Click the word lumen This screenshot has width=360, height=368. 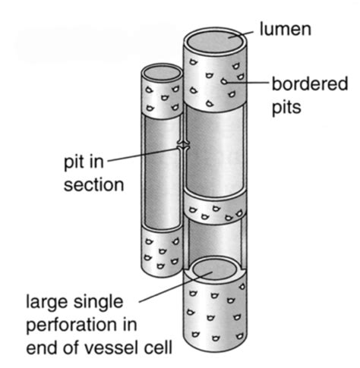click(x=286, y=29)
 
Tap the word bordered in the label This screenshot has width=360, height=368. click(x=310, y=83)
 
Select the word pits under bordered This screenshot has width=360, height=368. click(x=286, y=108)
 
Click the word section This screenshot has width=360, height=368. click(x=93, y=184)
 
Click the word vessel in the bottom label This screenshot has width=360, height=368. click(x=112, y=348)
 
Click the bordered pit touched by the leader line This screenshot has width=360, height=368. click(x=224, y=81)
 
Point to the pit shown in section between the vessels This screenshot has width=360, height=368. click(x=183, y=146)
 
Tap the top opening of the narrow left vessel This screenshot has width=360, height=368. click(x=162, y=74)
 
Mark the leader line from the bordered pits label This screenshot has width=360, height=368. click(x=247, y=82)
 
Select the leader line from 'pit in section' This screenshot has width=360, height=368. click(x=144, y=155)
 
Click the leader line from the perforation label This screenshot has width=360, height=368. click(x=175, y=287)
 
